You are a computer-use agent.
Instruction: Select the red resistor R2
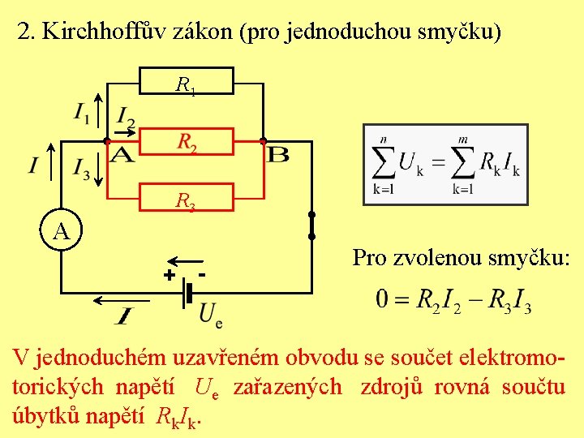(187, 142)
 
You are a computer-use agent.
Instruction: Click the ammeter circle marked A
(62, 232)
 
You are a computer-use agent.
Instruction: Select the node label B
(278, 154)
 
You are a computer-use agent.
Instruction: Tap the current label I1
(82, 113)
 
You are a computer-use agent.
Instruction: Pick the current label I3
(82, 168)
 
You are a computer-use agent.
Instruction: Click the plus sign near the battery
(169, 276)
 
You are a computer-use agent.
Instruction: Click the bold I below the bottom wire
(126, 314)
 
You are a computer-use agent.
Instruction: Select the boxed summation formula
(445, 164)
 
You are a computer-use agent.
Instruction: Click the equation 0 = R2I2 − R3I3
(453, 301)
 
